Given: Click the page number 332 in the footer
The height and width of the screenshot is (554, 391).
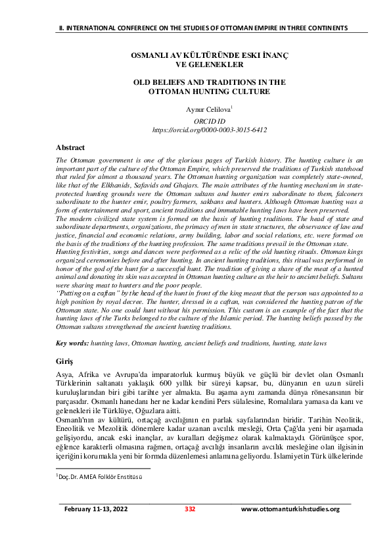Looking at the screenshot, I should coord(190,528).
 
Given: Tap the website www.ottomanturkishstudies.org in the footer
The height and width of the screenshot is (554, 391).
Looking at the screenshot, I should coord(290,528).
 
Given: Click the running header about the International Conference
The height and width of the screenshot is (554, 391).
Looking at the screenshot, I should coord(201,28).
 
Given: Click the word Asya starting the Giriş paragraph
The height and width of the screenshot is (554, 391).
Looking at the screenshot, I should coord(64,374).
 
